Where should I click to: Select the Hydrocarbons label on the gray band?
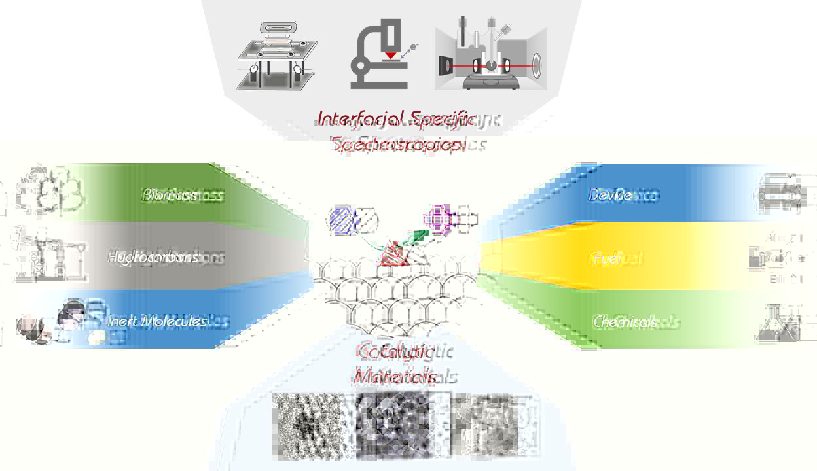point(154,257)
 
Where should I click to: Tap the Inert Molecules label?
point(157,321)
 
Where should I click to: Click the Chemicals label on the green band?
point(626,322)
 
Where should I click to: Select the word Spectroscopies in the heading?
point(397,144)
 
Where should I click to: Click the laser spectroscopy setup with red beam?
point(491,56)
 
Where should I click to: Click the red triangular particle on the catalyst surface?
point(395,254)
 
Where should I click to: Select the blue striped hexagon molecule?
point(342,220)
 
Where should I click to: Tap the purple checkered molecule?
point(439,218)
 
